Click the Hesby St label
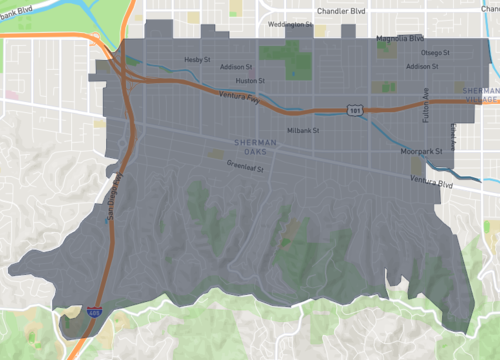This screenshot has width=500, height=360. coord(198,59)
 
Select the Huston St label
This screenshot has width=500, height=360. coord(249,80)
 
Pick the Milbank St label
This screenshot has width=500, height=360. coord(303,130)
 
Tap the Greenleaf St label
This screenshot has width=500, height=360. coord(244,168)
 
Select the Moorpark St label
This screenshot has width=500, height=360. coord(420,152)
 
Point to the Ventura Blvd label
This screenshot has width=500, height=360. coord(433,182)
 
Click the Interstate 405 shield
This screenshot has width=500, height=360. coord(94,313)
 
